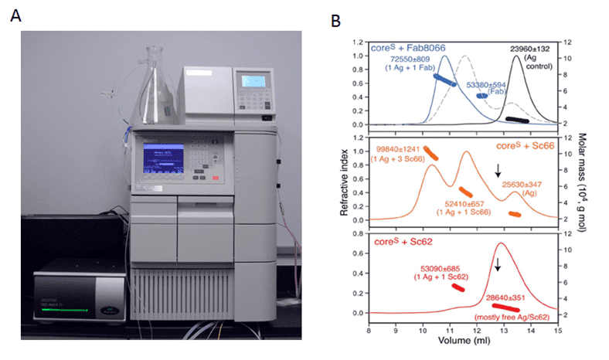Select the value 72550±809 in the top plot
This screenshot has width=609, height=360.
[434, 59]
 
